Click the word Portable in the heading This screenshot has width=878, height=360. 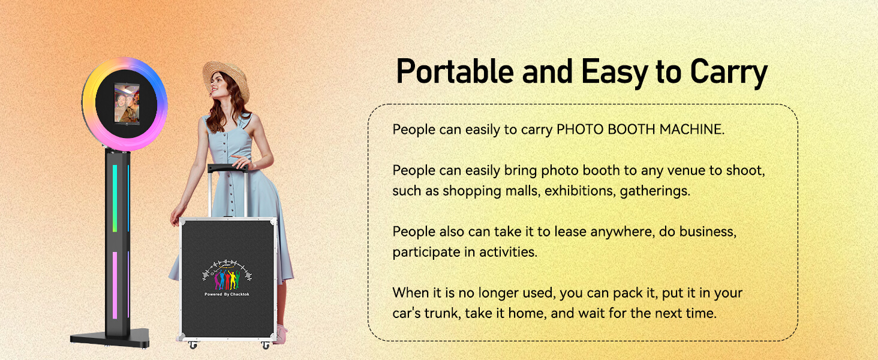455,71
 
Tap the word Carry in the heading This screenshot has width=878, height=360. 728,74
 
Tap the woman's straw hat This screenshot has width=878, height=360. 227,79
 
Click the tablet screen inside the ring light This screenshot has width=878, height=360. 126,103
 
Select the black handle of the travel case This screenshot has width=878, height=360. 228,168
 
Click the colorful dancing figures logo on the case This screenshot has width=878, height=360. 227,275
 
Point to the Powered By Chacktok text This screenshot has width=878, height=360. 227,294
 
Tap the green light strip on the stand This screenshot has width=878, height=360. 115,199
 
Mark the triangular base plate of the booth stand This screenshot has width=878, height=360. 110,338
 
